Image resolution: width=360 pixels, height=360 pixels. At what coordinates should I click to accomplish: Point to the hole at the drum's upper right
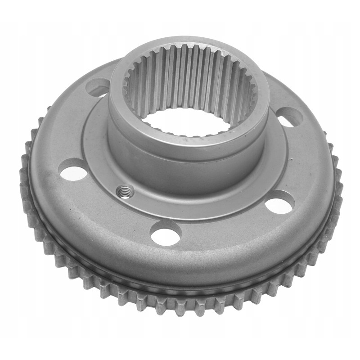(288, 118)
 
